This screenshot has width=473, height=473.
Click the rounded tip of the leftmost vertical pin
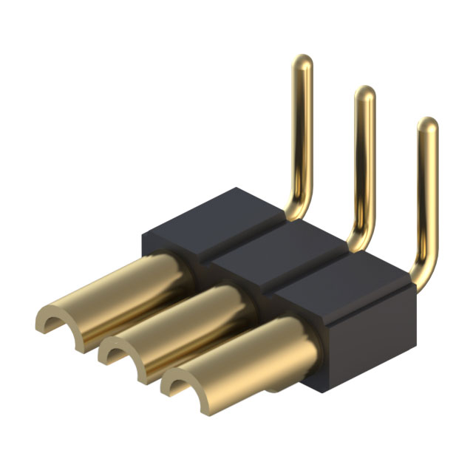pyautogui.click(x=302, y=61)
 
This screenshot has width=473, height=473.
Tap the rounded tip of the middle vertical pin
pyautogui.click(x=364, y=93)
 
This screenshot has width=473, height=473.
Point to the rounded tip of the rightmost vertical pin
pyautogui.click(x=427, y=124)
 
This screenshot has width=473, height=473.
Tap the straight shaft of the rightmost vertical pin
pyautogui.click(x=427, y=192)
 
